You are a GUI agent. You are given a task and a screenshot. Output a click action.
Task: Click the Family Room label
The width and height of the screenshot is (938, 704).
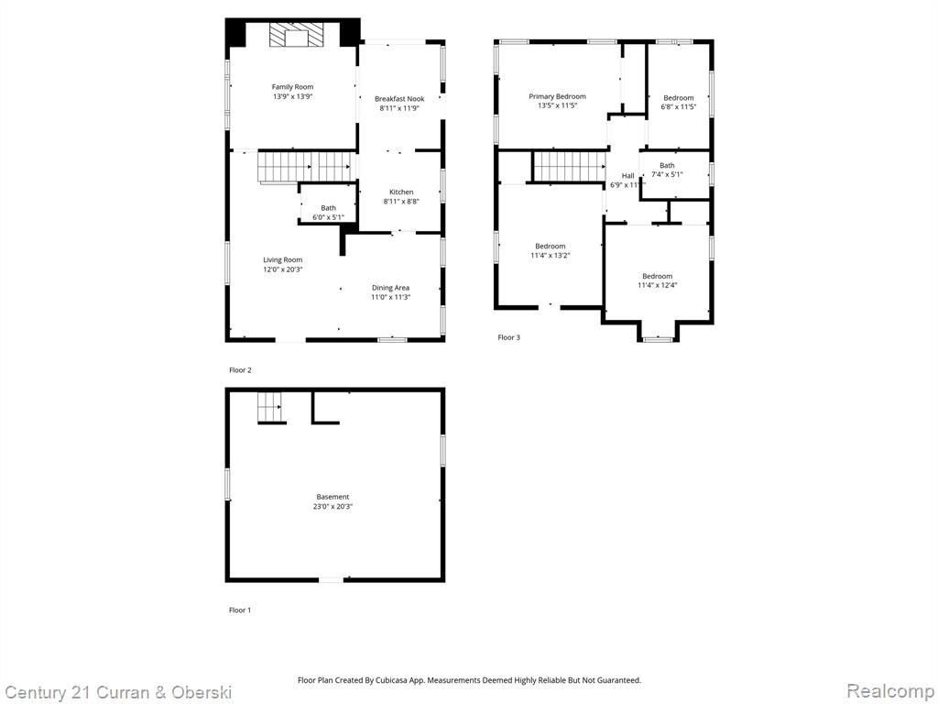click(x=292, y=87)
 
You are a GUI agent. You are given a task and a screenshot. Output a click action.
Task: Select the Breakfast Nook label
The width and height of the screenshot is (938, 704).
click(x=399, y=99)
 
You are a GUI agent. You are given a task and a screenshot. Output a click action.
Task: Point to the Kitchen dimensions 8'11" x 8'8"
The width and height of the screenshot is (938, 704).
click(x=401, y=202)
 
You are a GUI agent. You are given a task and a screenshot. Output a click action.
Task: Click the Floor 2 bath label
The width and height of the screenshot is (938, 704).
click(x=329, y=208)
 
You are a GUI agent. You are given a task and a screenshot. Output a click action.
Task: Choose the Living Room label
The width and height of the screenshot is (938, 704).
click(x=283, y=259)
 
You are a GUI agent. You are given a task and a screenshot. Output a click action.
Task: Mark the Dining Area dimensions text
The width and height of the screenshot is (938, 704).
click(x=390, y=298)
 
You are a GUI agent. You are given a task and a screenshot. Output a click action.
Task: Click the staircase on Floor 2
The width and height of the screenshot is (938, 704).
click(x=304, y=167)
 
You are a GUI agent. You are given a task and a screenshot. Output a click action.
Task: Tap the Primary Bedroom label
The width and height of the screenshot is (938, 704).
click(x=558, y=96)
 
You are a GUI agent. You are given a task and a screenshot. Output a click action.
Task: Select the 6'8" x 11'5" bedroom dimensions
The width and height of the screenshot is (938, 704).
click(x=679, y=107)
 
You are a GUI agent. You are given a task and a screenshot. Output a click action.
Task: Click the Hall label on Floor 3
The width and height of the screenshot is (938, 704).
click(x=628, y=175)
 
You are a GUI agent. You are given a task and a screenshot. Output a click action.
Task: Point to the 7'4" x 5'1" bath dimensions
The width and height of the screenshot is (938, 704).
click(x=667, y=175)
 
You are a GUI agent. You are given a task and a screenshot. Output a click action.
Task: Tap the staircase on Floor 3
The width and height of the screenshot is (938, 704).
click(x=570, y=166)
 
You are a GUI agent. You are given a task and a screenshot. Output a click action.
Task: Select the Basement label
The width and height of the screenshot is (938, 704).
click(x=333, y=497)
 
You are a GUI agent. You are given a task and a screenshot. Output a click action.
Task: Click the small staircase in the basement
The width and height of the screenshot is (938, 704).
click(x=270, y=408)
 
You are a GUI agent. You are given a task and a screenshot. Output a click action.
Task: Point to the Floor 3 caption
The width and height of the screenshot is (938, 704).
click(x=509, y=337)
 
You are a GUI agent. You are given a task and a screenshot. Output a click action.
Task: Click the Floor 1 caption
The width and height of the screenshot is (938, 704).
click(x=240, y=610)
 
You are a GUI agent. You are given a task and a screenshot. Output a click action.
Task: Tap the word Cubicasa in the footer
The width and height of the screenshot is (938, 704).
click(x=393, y=681)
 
